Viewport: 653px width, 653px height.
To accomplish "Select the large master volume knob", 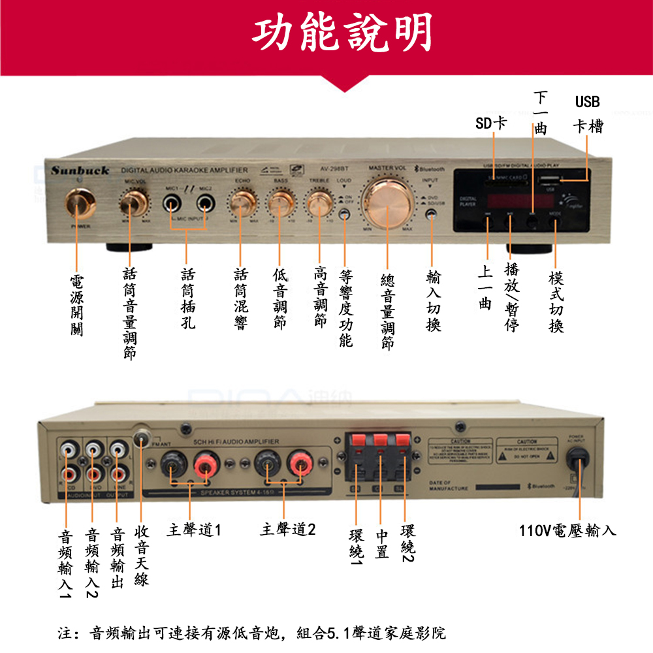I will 388,204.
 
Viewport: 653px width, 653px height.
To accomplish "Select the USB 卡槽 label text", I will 587,114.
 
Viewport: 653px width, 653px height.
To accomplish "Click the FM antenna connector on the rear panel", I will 142,438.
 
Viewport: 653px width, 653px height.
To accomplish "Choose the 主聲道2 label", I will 287,530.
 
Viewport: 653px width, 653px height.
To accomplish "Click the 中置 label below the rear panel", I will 383,545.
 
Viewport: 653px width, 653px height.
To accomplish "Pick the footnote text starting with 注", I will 251,633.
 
